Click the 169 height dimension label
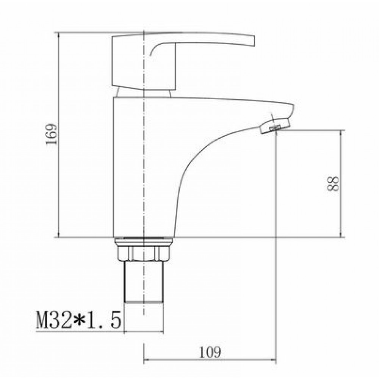(x=51, y=134)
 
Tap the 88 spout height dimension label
(x=333, y=184)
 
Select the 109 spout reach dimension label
(x=210, y=352)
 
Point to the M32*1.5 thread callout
(x=78, y=319)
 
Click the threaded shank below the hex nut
(x=144, y=282)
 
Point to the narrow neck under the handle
(x=144, y=93)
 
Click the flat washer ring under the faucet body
(x=144, y=241)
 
